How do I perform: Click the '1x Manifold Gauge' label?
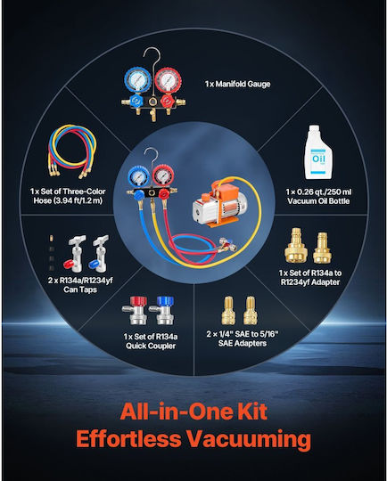coord(238,84)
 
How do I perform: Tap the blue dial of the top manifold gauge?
coord(137,80)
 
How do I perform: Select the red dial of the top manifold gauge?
coord(168,80)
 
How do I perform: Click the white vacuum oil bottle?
coord(317,152)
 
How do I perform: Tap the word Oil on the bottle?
coord(318,159)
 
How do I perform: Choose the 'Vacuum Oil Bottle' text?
coord(318,201)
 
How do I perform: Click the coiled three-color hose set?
coord(72,151)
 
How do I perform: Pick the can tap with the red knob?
coord(75,254)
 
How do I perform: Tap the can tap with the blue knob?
coord(100,254)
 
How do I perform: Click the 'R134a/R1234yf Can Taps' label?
coord(80,285)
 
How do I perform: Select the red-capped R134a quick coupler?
coord(136,310)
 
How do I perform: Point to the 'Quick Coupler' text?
coord(151,346)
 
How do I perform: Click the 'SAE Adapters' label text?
coord(243,343)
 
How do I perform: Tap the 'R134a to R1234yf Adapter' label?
coord(310,277)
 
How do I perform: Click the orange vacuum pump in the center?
coord(220,205)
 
